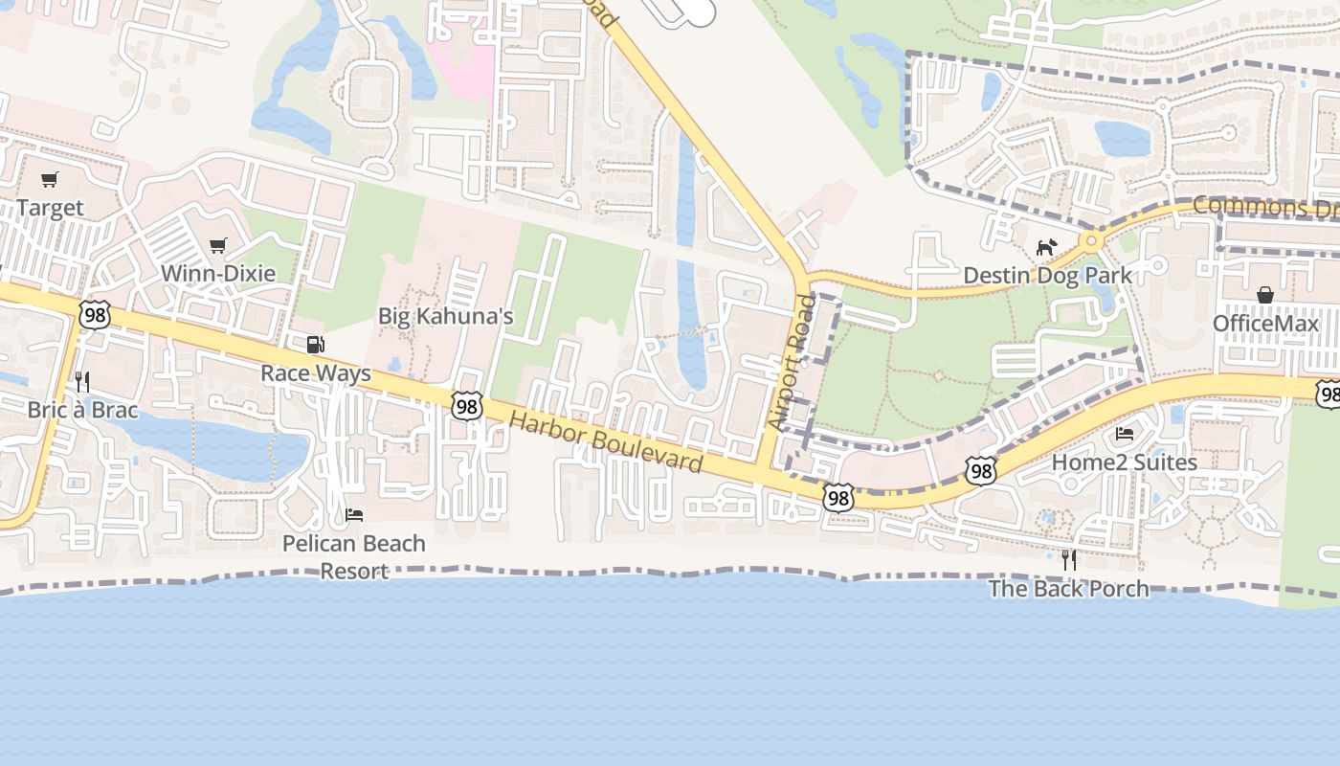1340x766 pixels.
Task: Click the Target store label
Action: [50, 208]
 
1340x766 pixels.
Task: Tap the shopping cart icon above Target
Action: [50, 179]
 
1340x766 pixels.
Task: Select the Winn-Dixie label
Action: [218, 274]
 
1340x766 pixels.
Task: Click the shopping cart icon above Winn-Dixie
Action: [218, 245]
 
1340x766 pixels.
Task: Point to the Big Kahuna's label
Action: [446, 316]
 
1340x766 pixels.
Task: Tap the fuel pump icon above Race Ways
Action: [315, 345]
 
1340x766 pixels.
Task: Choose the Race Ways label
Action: [316, 373]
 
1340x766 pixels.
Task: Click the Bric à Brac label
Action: [82, 411]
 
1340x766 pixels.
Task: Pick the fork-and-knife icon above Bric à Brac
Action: [82, 382]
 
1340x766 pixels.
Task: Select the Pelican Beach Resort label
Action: [354, 556]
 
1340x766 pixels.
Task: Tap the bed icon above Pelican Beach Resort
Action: [354, 515]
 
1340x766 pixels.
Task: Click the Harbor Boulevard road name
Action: [606, 442]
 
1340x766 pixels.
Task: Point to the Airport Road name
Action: [791, 362]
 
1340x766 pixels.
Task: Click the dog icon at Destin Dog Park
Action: [1046, 247]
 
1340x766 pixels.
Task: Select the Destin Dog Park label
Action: [1047, 276]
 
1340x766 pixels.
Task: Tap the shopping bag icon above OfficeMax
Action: [1265, 295]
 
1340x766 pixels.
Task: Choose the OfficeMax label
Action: [1265, 324]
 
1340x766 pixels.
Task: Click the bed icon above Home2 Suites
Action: [1125, 434]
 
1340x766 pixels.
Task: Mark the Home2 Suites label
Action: [1125, 462]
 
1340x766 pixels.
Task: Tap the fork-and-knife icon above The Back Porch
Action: [1069, 559]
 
